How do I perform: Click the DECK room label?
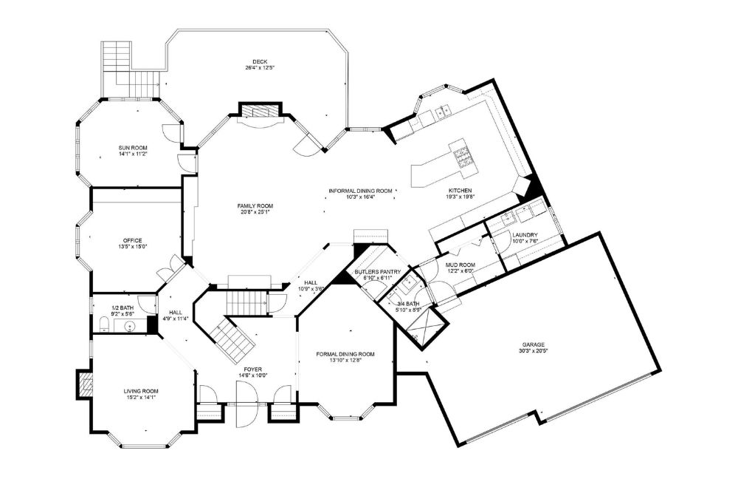coord(259,61)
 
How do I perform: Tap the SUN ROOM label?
coord(134,148)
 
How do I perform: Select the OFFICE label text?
coord(133,240)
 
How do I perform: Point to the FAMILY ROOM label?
coord(255,205)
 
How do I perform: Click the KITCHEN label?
coord(459,191)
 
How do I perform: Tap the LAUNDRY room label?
coord(525,236)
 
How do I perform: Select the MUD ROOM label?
coord(461,265)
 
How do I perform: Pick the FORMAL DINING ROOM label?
coord(345,354)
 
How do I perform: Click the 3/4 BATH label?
coord(407,304)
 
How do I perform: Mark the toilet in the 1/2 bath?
coord(103,323)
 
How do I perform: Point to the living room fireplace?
coord(84,384)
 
